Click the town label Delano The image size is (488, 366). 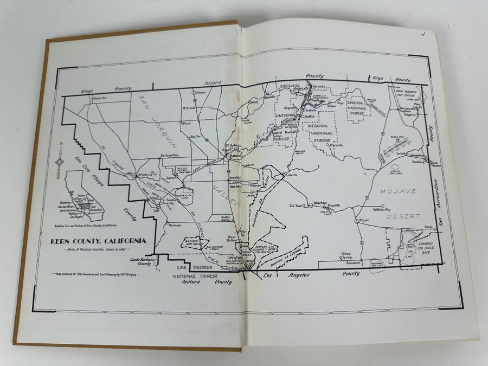(x=201, y=93)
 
